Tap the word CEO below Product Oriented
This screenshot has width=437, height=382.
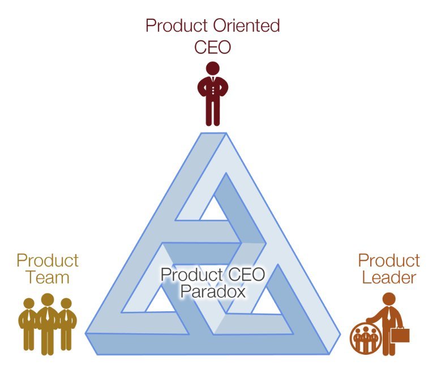(212, 46)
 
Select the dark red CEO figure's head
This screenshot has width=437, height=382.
(212, 69)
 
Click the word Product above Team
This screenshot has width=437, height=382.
(48, 260)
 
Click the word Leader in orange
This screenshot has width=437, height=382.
(389, 277)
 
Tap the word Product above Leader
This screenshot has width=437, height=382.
(389, 260)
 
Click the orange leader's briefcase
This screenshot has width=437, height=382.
(400, 334)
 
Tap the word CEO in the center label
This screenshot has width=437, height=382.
(245, 275)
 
